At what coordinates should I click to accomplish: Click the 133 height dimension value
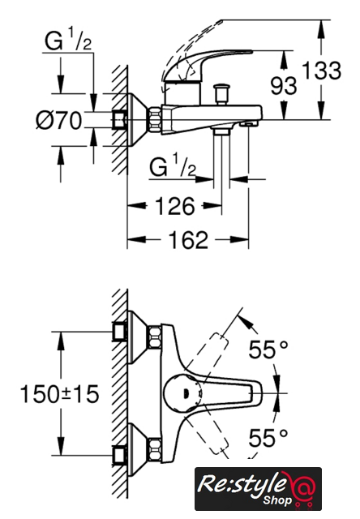(x=321, y=71)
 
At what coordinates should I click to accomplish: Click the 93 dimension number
(x=284, y=85)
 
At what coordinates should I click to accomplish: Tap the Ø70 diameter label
(x=58, y=120)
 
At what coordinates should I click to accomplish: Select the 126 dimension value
(x=174, y=206)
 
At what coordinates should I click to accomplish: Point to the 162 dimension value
(x=188, y=239)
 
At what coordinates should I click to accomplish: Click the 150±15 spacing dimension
(x=59, y=394)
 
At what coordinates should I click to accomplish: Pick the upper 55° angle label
(x=268, y=350)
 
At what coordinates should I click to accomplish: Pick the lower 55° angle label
(x=268, y=438)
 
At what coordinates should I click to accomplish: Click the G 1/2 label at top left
(x=68, y=40)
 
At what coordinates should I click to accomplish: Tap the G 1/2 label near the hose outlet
(x=173, y=166)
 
